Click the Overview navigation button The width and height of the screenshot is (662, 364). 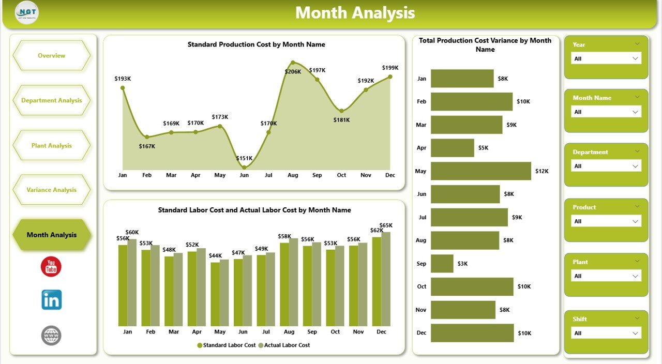51,55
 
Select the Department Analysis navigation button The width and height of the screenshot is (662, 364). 51,100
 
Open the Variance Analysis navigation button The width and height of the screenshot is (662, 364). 51,190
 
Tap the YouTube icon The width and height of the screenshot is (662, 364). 51,267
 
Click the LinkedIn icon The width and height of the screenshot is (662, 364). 51,300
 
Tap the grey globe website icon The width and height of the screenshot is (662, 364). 51,336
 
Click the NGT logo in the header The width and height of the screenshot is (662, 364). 27,13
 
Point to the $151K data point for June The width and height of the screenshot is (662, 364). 244,167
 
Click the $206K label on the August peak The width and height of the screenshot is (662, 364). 293,71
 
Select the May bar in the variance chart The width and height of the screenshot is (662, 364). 480,171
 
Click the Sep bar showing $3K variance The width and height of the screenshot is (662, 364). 442,264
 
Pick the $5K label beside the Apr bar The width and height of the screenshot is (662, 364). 483,148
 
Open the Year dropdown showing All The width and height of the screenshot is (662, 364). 606,58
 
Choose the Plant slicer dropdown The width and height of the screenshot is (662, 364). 606,276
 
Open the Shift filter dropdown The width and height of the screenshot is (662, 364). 606,333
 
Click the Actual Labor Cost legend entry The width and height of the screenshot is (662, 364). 287,345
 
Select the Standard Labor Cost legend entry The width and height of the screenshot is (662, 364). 229,345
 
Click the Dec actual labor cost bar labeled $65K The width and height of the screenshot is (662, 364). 386,279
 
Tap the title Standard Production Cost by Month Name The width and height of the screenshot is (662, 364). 256,44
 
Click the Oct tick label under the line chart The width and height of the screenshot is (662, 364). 341,175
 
